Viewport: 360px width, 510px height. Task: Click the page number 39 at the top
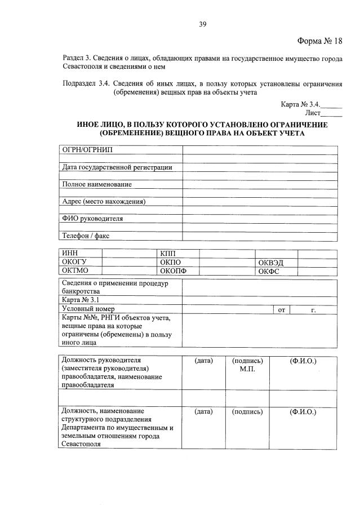tap(203, 23)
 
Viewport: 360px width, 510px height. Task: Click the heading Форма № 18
tap(319, 41)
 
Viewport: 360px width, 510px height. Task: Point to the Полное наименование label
tap(97, 184)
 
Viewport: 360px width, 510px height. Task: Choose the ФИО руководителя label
tap(93, 219)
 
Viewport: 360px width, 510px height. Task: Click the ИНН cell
tap(70, 254)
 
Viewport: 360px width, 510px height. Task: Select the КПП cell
tap(168, 254)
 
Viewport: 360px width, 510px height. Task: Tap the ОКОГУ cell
tap(74, 262)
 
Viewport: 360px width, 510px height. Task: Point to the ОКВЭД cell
tap(270, 263)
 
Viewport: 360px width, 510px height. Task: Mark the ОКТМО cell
tap(74, 271)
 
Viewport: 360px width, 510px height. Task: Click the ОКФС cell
tap(269, 272)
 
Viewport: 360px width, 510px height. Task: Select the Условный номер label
tap(88, 309)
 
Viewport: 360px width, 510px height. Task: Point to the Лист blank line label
tap(312, 113)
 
